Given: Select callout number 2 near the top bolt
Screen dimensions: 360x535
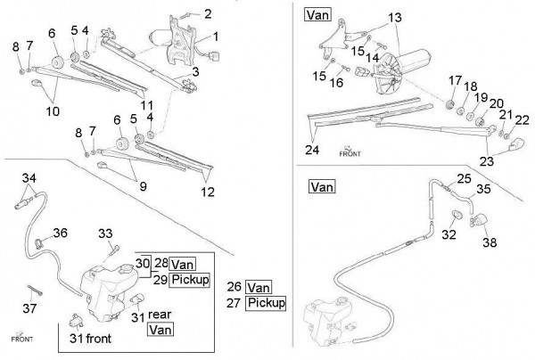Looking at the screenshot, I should click(x=208, y=13).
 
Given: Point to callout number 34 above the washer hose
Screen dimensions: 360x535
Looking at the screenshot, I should click(x=30, y=179).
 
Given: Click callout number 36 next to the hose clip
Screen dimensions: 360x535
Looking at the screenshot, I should click(x=60, y=233).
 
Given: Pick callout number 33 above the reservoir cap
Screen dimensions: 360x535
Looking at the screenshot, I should click(x=106, y=233).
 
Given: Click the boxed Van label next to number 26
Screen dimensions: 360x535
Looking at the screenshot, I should click(x=259, y=287).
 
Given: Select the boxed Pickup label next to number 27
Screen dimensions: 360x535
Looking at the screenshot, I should click(x=266, y=303).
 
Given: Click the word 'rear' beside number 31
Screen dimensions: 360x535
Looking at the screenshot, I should click(x=160, y=314).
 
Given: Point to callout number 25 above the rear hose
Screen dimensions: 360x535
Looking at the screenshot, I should click(x=462, y=178).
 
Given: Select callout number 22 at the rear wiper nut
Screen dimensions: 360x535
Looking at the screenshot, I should click(x=523, y=120).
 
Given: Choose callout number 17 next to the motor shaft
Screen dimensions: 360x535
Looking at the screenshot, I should click(x=456, y=79).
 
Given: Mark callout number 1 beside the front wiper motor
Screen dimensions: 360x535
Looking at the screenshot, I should click(x=215, y=37).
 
